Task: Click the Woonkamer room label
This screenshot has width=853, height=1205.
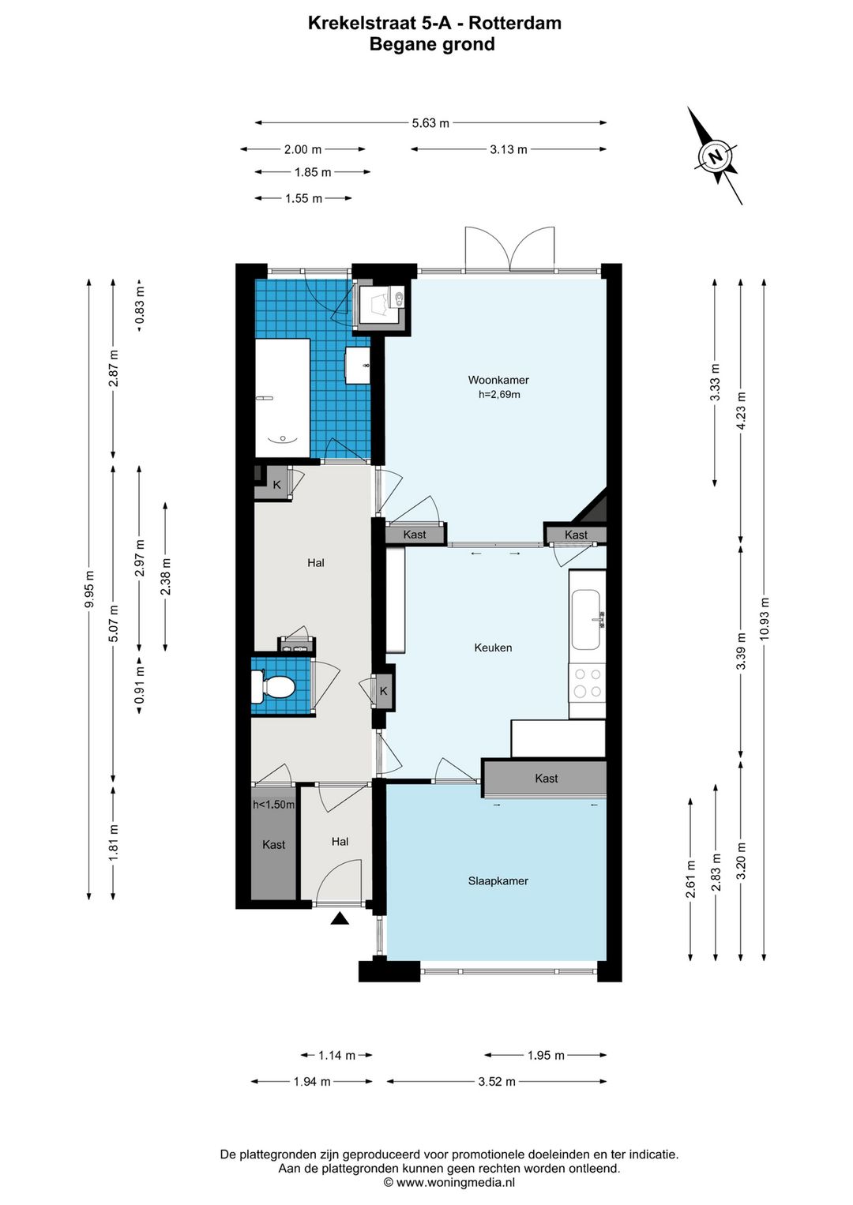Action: pyautogui.click(x=498, y=380)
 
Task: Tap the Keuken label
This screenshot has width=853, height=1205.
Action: pyautogui.click(x=493, y=648)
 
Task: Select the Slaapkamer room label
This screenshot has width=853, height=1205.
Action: pyautogui.click(x=498, y=881)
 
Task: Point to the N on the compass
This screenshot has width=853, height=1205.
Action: pyautogui.click(x=716, y=157)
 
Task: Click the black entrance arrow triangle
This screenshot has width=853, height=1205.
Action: pyautogui.click(x=340, y=918)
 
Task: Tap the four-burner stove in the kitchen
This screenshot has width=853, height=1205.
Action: pyautogui.click(x=588, y=683)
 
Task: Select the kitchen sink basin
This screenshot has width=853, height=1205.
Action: pyautogui.click(x=585, y=620)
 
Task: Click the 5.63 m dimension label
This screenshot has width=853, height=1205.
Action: pyautogui.click(x=430, y=123)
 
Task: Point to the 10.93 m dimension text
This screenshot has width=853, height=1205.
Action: pyautogui.click(x=765, y=618)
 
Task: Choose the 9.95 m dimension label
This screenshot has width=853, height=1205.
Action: pyautogui.click(x=89, y=589)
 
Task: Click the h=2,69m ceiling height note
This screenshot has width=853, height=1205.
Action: pyautogui.click(x=499, y=394)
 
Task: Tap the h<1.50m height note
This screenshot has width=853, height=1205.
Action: pyautogui.click(x=274, y=805)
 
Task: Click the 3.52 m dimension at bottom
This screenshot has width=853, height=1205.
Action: pyautogui.click(x=497, y=1081)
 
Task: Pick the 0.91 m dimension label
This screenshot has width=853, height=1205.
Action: pyautogui.click(x=139, y=685)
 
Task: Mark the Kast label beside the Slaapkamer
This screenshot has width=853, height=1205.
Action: pyautogui.click(x=547, y=779)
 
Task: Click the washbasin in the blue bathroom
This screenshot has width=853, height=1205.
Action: pyautogui.click(x=358, y=366)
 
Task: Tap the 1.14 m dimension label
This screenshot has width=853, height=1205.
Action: pyautogui.click(x=337, y=1056)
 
